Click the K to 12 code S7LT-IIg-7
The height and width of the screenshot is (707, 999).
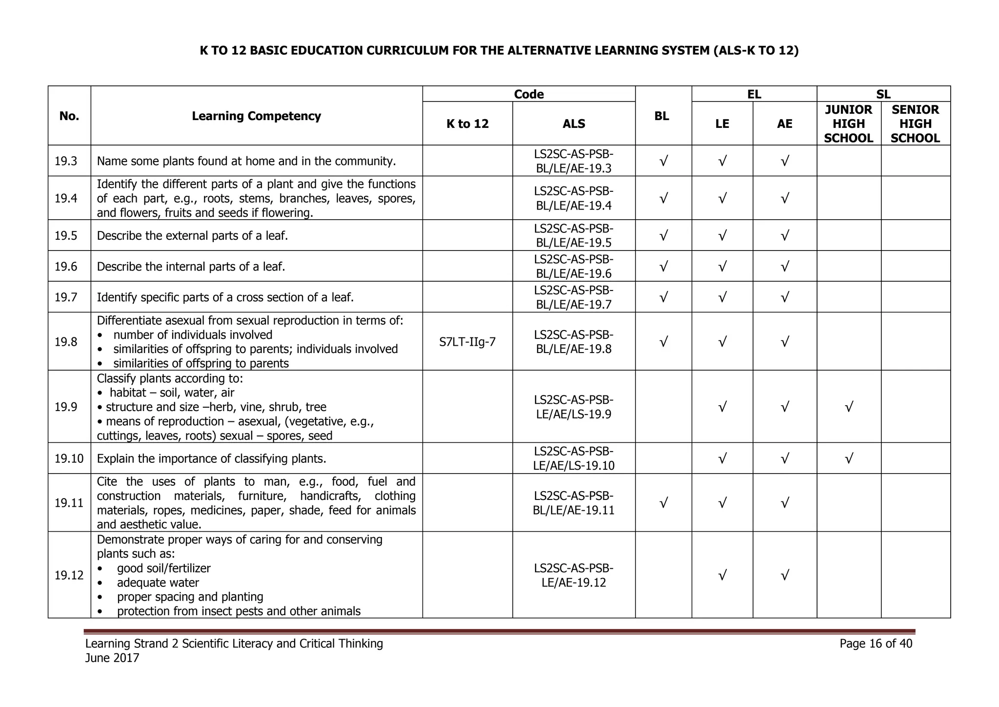pyautogui.click(x=467, y=342)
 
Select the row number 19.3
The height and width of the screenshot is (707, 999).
pyautogui.click(x=66, y=161)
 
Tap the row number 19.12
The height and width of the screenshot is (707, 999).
pyautogui.click(x=69, y=575)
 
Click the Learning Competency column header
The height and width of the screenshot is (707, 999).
pyautogui.click(x=256, y=116)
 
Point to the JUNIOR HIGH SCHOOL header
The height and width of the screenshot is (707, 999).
pyautogui.click(x=848, y=124)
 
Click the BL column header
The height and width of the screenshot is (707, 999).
pyautogui.click(x=661, y=116)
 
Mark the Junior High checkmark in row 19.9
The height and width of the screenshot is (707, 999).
pyautogui.click(x=849, y=407)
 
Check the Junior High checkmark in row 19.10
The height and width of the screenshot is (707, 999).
pyautogui.click(x=849, y=458)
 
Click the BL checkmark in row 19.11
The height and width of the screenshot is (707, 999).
pyautogui.click(x=663, y=503)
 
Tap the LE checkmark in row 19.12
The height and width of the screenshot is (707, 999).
pyautogui.click(x=722, y=576)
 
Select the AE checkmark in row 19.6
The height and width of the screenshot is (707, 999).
pyautogui.click(x=784, y=267)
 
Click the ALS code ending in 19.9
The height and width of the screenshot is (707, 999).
pyautogui.click(x=574, y=407)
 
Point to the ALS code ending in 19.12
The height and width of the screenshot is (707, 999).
pyautogui.click(x=574, y=575)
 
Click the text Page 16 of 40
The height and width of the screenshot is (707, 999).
pyautogui.click(x=876, y=644)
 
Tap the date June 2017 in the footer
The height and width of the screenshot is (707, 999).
pyautogui.click(x=112, y=658)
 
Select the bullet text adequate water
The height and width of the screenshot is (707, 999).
pyautogui.click(x=158, y=582)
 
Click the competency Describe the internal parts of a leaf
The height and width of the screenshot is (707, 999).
pyautogui.click(x=191, y=267)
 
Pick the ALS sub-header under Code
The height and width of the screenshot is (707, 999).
pyautogui.click(x=574, y=124)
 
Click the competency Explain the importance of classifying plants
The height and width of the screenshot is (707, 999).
pyautogui.click(x=211, y=458)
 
